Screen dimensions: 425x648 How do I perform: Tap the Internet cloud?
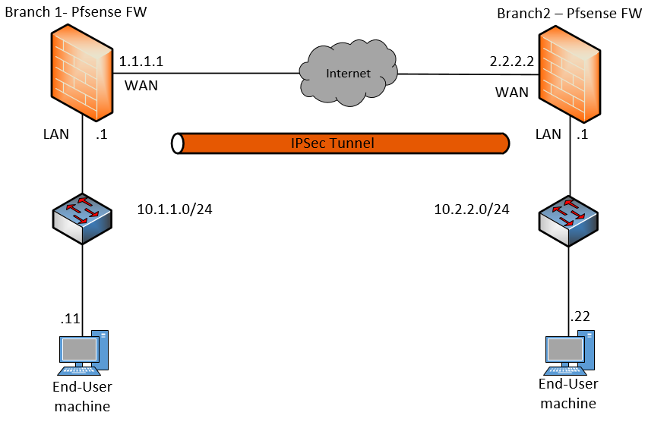[x=349, y=74]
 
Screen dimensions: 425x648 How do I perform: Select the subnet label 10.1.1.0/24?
[x=174, y=209]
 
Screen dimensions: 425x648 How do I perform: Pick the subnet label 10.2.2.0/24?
[x=471, y=209]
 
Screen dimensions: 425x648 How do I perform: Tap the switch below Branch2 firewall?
[x=568, y=219]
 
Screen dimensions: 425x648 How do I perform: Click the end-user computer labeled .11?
[x=81, y=353]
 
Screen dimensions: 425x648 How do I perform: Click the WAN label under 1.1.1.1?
[x=141, y=84]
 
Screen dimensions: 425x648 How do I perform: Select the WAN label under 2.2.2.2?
[x=512, y=92]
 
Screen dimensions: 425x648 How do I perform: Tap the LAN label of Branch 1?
[x=55, y=134]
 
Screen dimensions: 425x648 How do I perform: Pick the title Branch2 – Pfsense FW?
[x=569, y=14]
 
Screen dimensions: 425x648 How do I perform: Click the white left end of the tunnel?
[x=178, y=143]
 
